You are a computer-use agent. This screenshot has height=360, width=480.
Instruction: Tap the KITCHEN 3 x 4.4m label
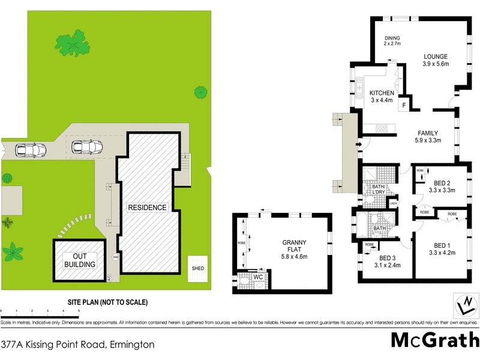381,97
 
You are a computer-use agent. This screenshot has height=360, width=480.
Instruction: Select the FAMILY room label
428,137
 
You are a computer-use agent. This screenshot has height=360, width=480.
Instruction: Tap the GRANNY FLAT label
295,248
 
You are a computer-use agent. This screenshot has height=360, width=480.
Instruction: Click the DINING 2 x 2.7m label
392,40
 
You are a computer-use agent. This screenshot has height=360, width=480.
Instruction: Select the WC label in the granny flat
258,278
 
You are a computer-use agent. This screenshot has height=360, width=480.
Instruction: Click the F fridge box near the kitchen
404,105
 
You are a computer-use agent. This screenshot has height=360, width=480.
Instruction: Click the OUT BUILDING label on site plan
80,260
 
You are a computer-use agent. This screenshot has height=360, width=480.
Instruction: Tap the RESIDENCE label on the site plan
147,208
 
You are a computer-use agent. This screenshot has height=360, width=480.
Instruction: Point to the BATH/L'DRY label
378,190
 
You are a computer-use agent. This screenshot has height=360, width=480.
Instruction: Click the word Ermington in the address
131,345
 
